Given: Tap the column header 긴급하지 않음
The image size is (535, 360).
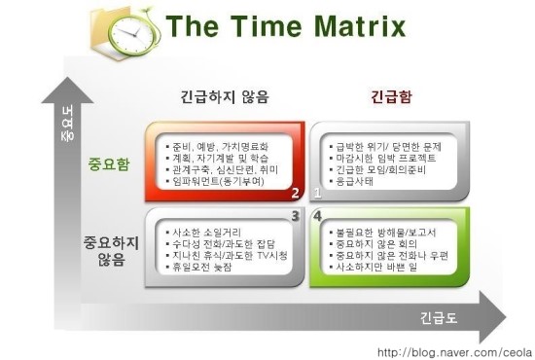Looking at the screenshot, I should coord(225,97).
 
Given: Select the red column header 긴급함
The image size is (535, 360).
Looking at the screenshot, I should coord(390,97).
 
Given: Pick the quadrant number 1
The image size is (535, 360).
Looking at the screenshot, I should coord(318,193).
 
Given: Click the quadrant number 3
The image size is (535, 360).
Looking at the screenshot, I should coord(295,215).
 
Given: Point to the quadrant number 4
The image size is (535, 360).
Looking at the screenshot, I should coord(318,215).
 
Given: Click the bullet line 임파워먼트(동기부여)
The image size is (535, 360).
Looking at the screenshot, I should coord(219,182).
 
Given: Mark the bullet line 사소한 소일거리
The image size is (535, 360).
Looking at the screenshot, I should coord(210,233).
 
